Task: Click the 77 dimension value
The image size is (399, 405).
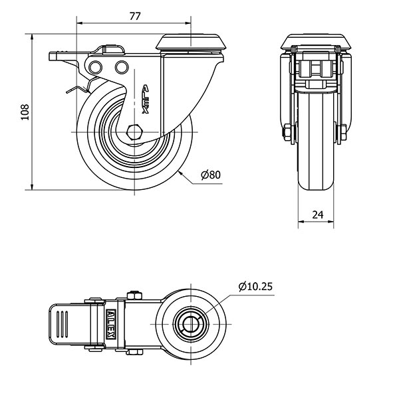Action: [x=134, y=17]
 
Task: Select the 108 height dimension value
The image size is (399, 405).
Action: [x=25, y=112]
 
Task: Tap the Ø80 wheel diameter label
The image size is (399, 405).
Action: [x=211, y=175]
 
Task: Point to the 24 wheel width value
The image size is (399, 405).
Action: [x=318, y=214]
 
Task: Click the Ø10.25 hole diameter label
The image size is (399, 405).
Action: [x=255, y=286]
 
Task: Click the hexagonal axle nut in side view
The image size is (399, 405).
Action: [x=134, y=132]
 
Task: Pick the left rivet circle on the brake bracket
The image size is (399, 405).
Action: [x=95, y=67]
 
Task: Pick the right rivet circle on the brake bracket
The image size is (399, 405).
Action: [x=122, y=67]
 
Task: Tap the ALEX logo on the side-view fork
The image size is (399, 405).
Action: [x=146, y=99]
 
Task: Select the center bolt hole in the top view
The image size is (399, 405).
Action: [x=191, y=323]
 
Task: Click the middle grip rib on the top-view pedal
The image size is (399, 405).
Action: [x=62, y=324]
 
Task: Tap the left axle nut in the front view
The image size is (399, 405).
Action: [x=287, y=132]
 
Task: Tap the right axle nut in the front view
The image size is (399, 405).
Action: [x=343, y=132]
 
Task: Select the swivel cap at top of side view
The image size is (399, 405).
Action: [x=191, y=42]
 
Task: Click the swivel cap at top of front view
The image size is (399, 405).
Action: [x=316, y=42]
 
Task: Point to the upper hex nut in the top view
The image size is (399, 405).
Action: [x=134, y=295]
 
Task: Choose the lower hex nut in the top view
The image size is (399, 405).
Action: [x=135, y=352]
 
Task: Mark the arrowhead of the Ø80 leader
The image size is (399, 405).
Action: [x=181, y=173]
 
